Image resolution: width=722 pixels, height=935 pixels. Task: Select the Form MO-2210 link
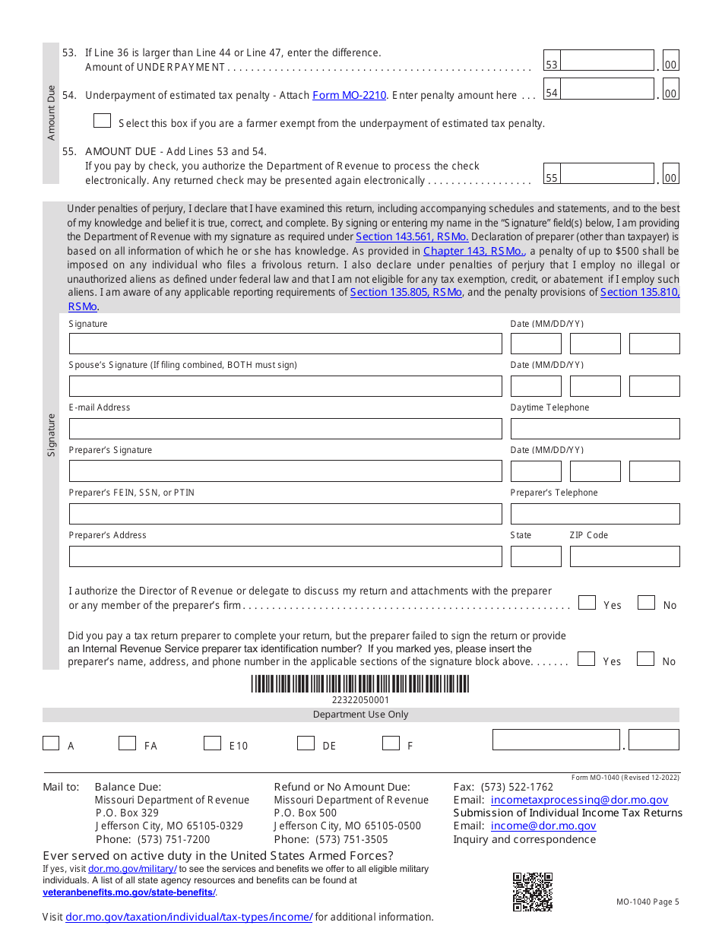pyautogui.click(x=349, y=96)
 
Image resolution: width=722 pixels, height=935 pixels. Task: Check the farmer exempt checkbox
pyautogui.click(x=102, y=121)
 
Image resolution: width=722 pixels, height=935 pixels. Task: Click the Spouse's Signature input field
pyautogui.click(x=285, y=386)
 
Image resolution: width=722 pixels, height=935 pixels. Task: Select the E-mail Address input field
pyautogui.click(x=285, y=429)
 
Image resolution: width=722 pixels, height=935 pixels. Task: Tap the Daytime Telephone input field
pyautogui.click(x=594, y=429)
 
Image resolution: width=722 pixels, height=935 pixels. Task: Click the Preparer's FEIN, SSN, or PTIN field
pyautogui.click(x=285, y=514)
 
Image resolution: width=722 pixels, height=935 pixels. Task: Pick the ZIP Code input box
pyautogui.click(x=624, y=556)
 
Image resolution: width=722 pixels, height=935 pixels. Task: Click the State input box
pyautogui.click(x=535, y=556)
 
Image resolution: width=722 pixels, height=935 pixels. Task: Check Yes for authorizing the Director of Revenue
pyautogui.click(x=586, y=603)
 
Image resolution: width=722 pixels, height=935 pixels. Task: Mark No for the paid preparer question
pyautogui.click(x=645, y=659)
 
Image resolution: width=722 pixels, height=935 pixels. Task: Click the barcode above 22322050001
pyautogui.click(x=360, y=683)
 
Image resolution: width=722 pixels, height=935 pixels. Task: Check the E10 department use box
pyautogui.click(x=212, y=743)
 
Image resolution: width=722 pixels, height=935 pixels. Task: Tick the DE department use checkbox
pyautogui.click(x=306, y=743)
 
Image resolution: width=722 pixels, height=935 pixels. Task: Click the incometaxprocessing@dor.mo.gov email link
pyautogui.click(x=579, y=800)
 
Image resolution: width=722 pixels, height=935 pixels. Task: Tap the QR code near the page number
pyautogui.click(x=532, y=892)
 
